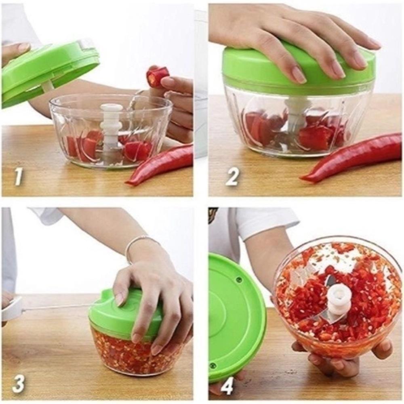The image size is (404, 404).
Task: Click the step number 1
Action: [x=19, y=177]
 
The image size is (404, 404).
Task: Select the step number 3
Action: [x=19, y=383]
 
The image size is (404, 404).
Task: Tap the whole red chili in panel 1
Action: [x=162, y=164]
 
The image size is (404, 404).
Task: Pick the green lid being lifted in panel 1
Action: [x=48, y=73]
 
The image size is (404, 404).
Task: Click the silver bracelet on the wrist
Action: [x=135, y=244]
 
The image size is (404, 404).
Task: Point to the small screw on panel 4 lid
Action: [x=239, y=280]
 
